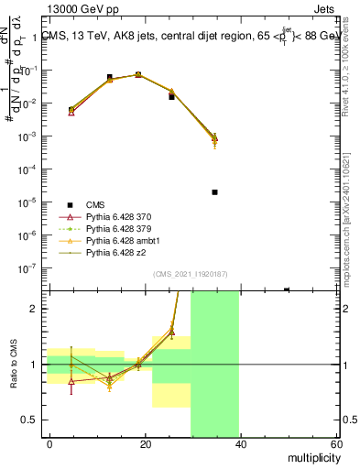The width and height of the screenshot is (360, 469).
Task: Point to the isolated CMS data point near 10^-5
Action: click(x=214, y=192)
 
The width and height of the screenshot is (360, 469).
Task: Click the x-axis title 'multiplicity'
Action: click(x=309, y=455)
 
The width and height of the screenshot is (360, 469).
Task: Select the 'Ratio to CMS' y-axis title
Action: click(x=12, y=364)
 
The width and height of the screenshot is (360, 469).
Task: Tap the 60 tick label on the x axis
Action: click(x=335, y=443)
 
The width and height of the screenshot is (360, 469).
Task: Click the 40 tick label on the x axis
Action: click(x=240, y=443)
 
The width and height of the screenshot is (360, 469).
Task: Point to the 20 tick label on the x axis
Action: click(x=145, y=443)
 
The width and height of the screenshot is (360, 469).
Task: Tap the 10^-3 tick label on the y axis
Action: click(x=27, y=136)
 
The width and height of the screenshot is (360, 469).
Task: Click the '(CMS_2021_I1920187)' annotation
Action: click(x=191, y=274)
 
